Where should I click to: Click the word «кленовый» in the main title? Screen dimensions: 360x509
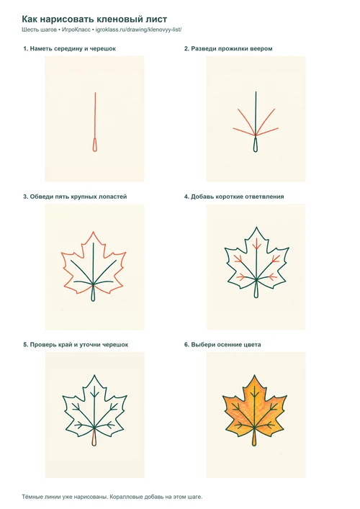point(117,19)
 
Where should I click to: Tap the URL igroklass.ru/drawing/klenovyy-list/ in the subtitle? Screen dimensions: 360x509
point(139,30)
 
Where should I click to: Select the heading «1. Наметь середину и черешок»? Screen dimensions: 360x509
point(69,49)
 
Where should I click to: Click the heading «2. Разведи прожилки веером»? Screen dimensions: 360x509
point(228,49)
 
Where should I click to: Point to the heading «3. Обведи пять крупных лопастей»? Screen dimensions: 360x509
point(75,197)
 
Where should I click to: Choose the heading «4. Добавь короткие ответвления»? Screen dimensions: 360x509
point(234,197)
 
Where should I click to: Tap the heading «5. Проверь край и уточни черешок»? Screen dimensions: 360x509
point(76,345)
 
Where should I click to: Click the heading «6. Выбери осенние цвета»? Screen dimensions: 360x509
point(222,345)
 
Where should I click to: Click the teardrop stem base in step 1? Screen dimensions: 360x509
point(95,145)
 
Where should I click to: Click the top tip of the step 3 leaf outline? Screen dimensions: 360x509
point(94,232)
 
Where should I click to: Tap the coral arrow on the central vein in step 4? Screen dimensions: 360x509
point(256,245)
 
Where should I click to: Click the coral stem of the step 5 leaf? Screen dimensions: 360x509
point(94,438)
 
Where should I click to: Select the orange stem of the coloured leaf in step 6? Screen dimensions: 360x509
point(254,438)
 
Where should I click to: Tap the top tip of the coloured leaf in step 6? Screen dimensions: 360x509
point(254,376)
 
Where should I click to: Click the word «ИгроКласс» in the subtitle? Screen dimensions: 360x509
point(76,30)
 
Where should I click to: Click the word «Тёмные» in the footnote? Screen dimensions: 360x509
point(31,497)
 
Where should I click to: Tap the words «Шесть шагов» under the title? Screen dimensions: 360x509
point(40,30)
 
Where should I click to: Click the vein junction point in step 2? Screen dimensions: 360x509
point(256,135)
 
